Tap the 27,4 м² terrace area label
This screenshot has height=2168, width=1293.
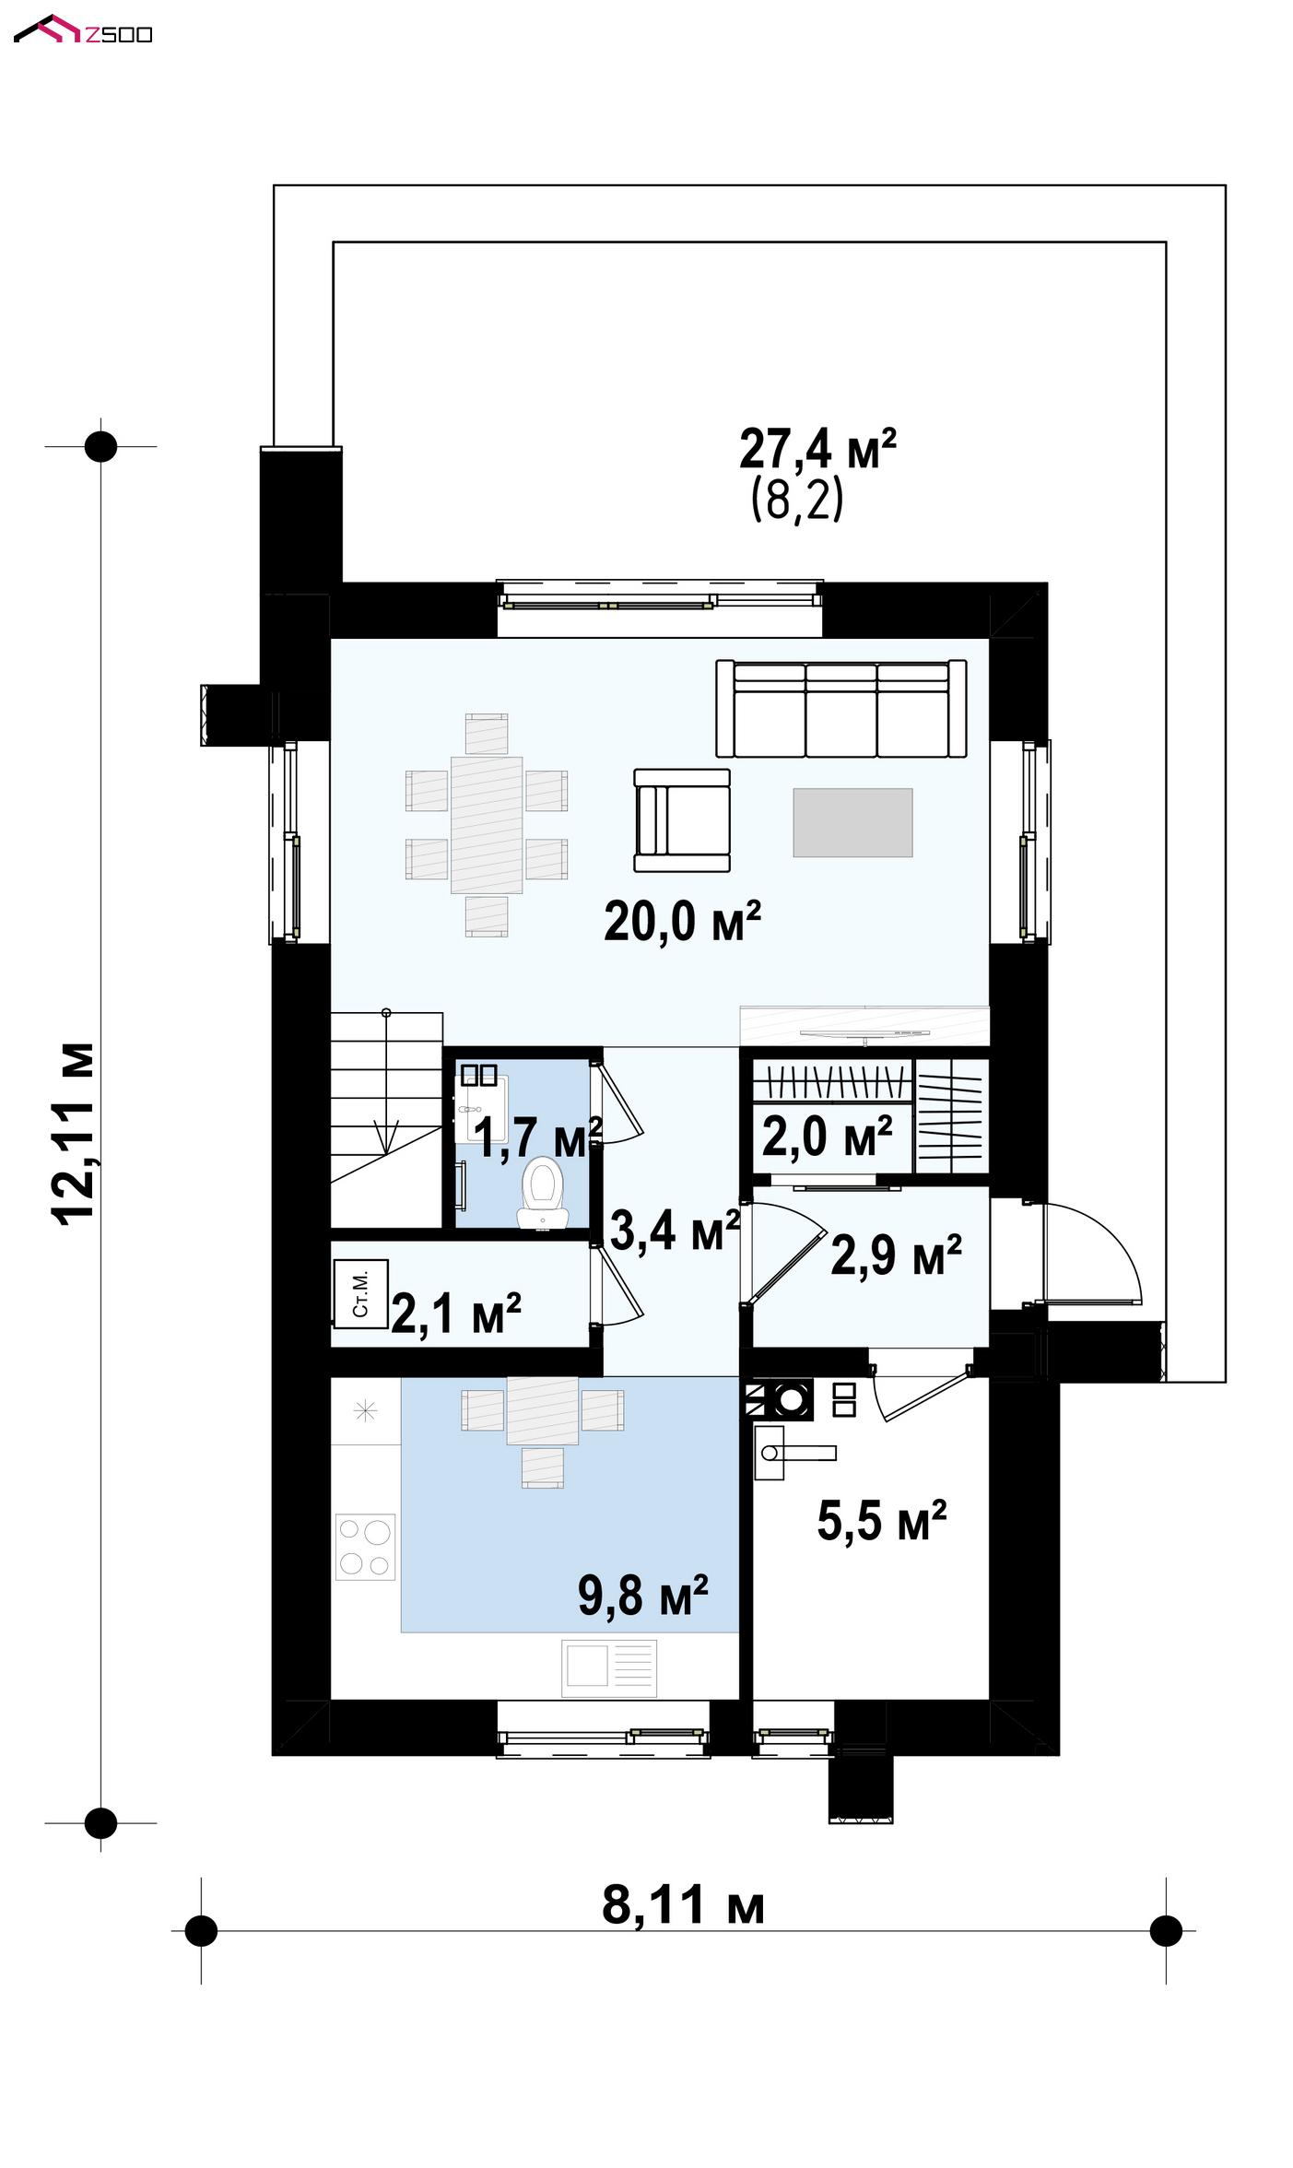tap(817, 449)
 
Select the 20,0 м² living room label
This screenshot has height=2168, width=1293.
tap(682, 921)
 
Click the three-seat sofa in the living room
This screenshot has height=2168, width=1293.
tap(841, 708)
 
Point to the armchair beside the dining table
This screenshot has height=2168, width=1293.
tap(681, 820)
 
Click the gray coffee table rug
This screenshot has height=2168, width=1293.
tap(852, 822)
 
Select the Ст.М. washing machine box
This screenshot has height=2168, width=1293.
tap(360, 1294)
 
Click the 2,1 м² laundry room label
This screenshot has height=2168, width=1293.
tap(456, 1314)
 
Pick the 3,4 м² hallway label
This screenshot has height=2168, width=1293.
tap(675, 1230)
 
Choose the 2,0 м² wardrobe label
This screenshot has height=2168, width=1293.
tap(827, 1136)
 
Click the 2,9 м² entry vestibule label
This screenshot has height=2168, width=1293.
tap(896, 1255)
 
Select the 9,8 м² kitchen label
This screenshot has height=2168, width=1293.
tap(642, 1596)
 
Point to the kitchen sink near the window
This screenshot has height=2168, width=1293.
tap(609, 1667)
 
